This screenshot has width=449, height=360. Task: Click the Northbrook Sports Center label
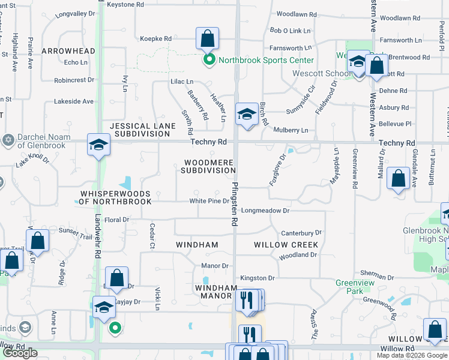[x=265, y=60]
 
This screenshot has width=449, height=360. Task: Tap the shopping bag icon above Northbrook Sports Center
[x=206, y=39]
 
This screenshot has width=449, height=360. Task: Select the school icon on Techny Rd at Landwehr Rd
[x=98, y=145]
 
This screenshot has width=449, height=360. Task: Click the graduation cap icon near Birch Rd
[x=246, y=113]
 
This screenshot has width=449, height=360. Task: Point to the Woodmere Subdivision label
[x=209, y=166]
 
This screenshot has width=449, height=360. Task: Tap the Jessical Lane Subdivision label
[x=143, y=130]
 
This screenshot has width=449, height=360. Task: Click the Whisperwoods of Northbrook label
[x=115, y=197]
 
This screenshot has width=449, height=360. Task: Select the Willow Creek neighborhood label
[x=286, y=245]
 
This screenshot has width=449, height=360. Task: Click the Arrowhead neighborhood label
[x=68, y=51]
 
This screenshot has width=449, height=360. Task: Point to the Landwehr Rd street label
[x=97, y=237]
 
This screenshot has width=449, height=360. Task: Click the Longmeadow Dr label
[x=265, y=211]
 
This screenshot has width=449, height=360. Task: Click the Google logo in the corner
[x=20, y=353]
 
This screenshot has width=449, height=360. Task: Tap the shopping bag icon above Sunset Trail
[x=37, y=242]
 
